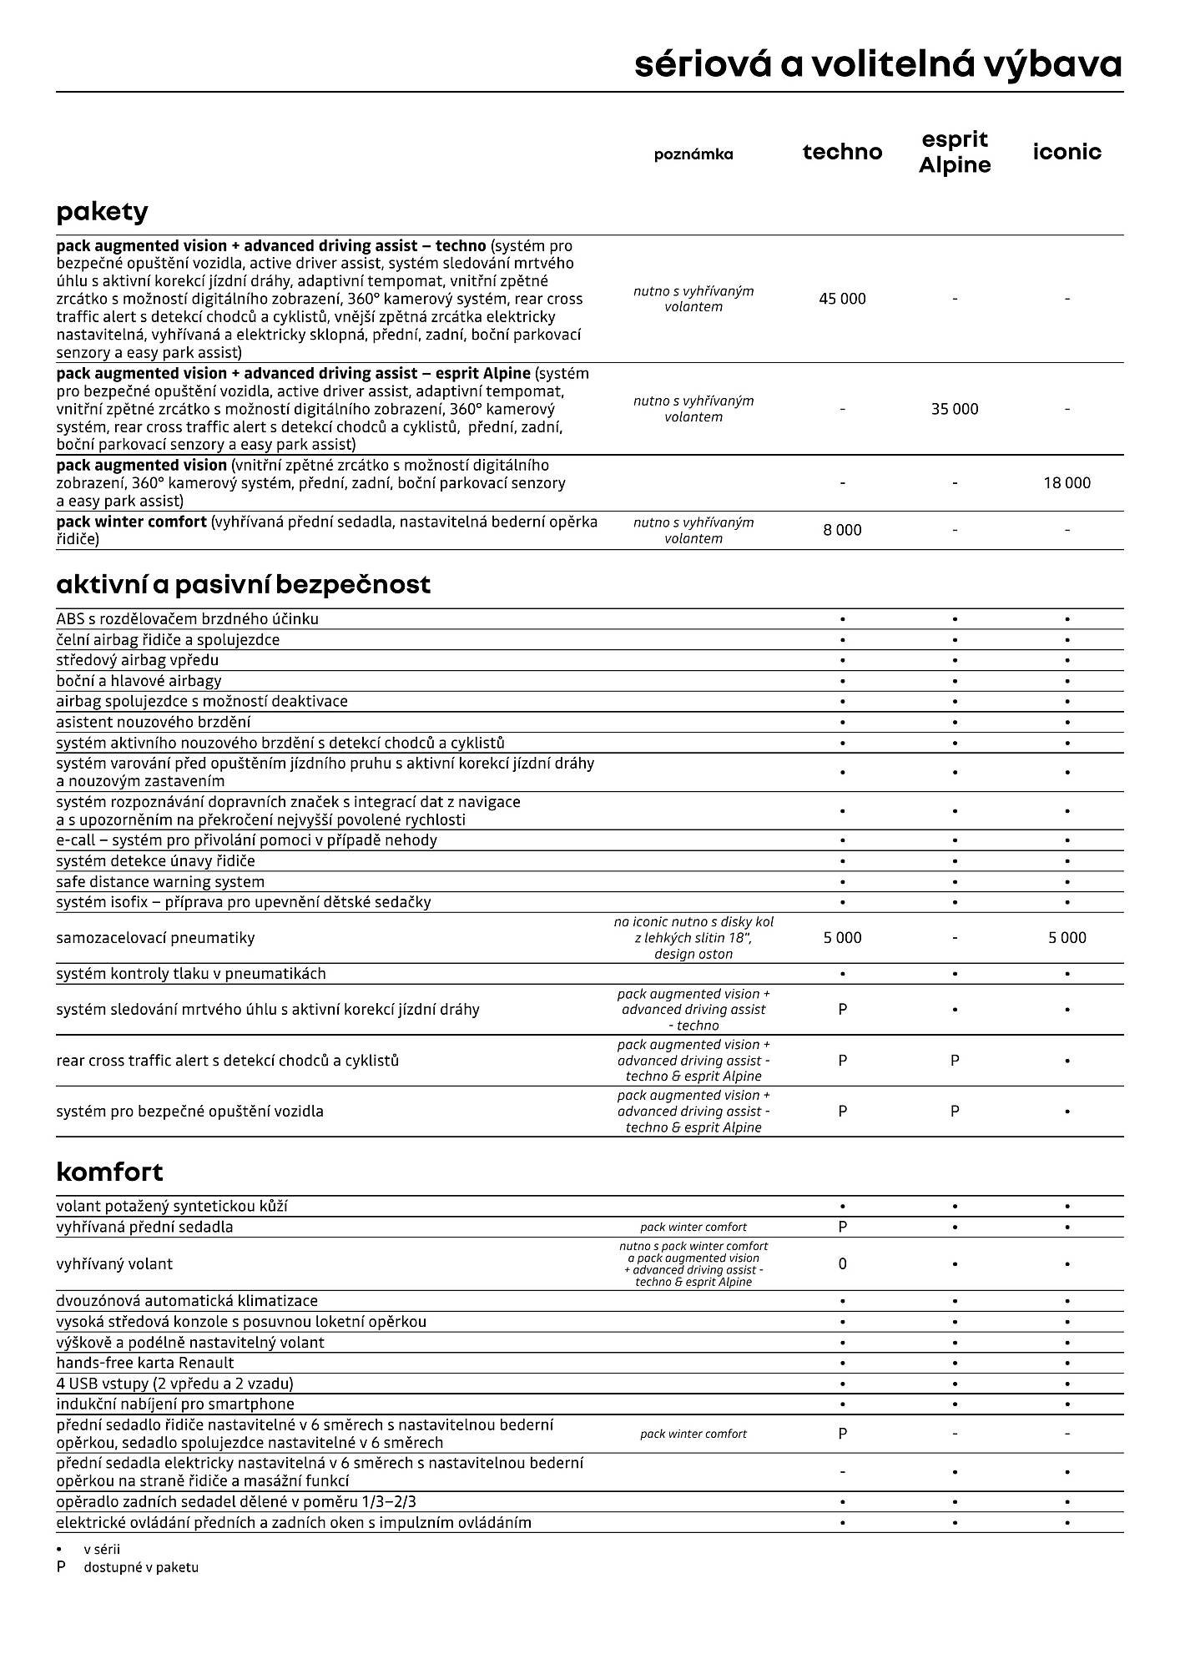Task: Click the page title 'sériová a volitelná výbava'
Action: pyautogui.click(x=878, y=64)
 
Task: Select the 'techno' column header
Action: pyautogui.click(x=842, y=152)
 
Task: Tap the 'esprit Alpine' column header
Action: pyautogui.click(x=955, y=152)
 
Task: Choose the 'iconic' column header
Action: pyautogui.click(x=1067, y=152)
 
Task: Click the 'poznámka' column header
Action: pyautogui.click(x=693, y=154)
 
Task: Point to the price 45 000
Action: pyautogui.click(x=842, y=299)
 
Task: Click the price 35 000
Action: pyautogui.click(x=955, y=409)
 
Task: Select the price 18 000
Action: pyautogui.click(x=1067, y=482)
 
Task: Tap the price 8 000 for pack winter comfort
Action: pyautogui.click(x=842, y=530)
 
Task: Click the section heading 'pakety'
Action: pyautogui.click(x=102, y=212)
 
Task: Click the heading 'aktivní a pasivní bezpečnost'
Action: pyautogui.click(x=243, y=584)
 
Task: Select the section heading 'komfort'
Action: pyautogui.click(x=109, y=1172)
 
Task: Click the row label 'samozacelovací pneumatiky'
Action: pyautogui.click(x=155, y=938)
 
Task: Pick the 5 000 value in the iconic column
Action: pyautogui.click(x=1067, y=938)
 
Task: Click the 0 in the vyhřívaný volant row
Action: pyautogui.click(x=842, y=1263)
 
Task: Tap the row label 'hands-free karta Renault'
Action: pyautogui.click(x=145, y=1363)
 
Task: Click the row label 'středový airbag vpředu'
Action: pyautogui.click(x=137, y=660)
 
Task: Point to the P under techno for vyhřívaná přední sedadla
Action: pyautogui.click(x=842, y=1227)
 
